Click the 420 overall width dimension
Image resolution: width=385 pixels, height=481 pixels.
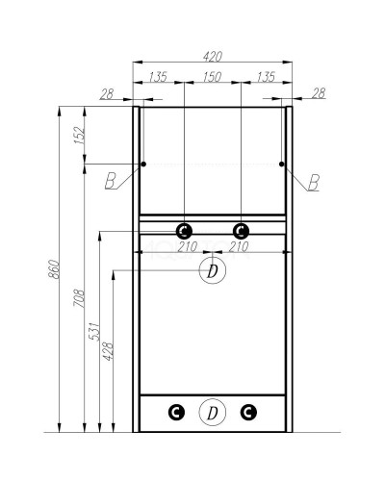coord(212,56)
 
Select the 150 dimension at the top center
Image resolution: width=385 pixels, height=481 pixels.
coord(212,77)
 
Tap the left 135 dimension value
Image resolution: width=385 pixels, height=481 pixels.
coord(159,77)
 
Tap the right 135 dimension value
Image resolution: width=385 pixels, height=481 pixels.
coord(265,77)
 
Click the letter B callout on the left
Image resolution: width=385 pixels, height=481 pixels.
coord(113,178)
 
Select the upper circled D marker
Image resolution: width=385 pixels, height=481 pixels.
coord(212,270)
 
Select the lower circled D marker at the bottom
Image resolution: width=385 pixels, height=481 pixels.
coord(212,413)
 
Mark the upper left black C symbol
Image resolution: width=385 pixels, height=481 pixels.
coord(184,230)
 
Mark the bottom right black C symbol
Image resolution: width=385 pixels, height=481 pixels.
coord(248,413)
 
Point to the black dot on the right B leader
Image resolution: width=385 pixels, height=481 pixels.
coord(282,165)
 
